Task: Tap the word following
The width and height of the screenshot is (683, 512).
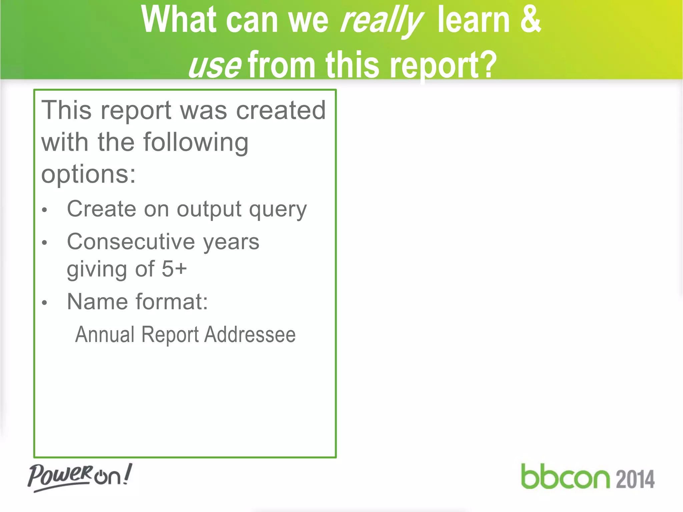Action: tap(196, 143)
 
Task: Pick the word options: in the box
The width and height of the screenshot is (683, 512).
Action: tap(89, 175)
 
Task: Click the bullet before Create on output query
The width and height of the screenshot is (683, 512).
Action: tap(45, 210)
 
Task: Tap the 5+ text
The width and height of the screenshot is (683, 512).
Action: tap(174, 269)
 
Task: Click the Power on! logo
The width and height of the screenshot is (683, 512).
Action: tap(80, 477)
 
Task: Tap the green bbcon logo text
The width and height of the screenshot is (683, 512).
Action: tap(565, 477)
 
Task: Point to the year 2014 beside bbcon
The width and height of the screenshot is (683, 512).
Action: tap(635, 479)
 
